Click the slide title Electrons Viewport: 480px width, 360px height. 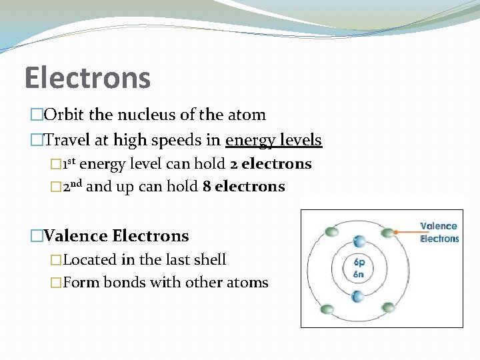(87, 77)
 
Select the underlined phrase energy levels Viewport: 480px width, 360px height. (273, 141)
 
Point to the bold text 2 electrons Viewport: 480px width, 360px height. (277, 164)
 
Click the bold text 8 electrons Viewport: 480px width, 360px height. (243, 187)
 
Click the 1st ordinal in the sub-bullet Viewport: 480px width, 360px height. (69, 164)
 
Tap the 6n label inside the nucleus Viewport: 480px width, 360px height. (358, 273)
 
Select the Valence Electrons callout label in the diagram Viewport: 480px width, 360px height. (439, 232)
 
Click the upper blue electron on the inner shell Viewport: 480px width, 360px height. (359, 241)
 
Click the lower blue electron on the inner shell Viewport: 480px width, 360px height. (358, 295)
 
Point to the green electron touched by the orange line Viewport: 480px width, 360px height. (388, 232)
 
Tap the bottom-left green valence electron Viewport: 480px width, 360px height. (327, 309)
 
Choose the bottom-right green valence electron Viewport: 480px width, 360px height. (389, 307)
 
